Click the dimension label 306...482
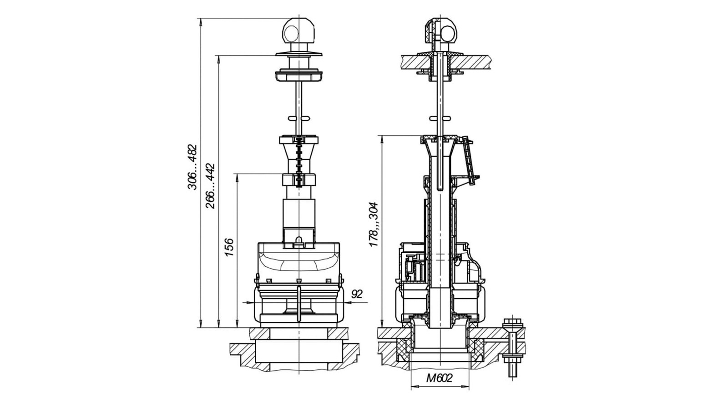pyautogui.click(x=192, y=167)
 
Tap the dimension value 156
pyautogui.click(x=229, y=247)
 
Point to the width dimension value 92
pyautogui.click(x=357, y=294)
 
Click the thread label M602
pyautogui.click(x=440, y=378)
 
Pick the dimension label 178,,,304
pyautogui.click(x=374, y=224)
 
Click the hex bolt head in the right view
pyautogui.click(x=513, y=324)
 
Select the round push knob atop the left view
pyautogui.click(x=298, y=31)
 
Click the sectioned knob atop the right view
pyautogui.click(x=441, y=31)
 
